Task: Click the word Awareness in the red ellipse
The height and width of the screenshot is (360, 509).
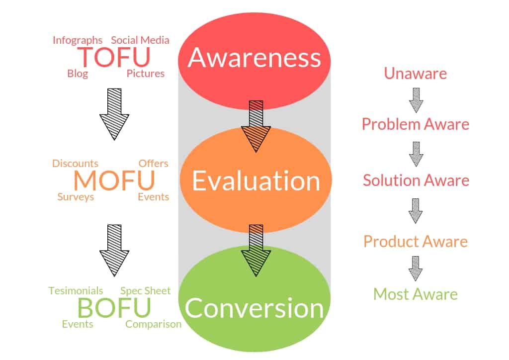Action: pos(254,58)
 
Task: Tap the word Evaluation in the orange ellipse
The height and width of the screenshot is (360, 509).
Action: pos(256,180)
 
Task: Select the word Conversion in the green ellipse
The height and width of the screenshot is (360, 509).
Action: pos(254,308)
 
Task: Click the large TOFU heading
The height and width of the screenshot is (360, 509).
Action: pos(114,57)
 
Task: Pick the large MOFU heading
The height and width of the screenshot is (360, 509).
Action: pos(114,180)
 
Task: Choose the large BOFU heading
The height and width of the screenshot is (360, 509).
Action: pos(114,307)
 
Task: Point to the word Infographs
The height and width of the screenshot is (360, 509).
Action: pos(78,40)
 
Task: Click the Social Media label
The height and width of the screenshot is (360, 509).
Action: pos(140,40)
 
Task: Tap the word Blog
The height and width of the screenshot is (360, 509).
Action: pos(78,74)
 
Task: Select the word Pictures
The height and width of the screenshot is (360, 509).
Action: pos(146,74)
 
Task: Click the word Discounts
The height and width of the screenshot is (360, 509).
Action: pos(76,163)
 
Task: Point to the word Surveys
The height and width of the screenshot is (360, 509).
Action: pos(76,197)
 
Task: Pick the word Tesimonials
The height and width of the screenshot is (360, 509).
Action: pos(76,290)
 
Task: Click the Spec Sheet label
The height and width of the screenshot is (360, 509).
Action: pos(146,291)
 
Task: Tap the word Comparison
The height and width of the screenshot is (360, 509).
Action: pos(153,324)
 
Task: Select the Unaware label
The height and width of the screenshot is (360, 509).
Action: pos(416,74)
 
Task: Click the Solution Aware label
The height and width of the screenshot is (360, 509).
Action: pos(416,180)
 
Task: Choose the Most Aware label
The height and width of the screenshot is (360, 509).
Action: pos(416,294)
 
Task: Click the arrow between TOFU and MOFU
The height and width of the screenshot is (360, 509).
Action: pos(114,114)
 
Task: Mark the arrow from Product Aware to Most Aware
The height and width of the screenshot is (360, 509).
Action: pos(416,269)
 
